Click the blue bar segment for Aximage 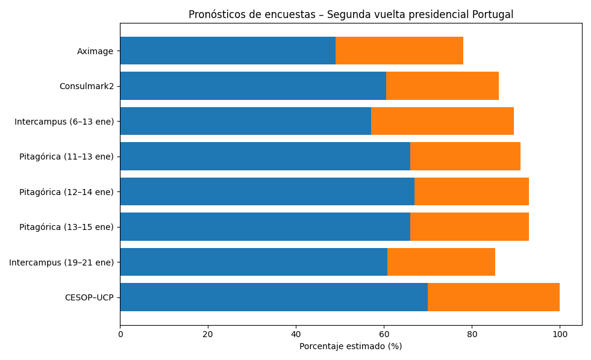[x=228, y=51]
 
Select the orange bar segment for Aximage [x=399, y=51]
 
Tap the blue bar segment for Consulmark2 [x=253, y=85]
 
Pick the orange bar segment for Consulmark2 [x=442, y=85]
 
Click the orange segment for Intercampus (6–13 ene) [x=442, y=121]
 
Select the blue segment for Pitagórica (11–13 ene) [x=265, y=156]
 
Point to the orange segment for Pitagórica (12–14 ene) [x=472, y=191]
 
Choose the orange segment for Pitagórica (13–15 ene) [x=469, y=226]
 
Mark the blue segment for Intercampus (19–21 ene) [x=254, y=262]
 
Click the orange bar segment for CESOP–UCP [x=493, y=297]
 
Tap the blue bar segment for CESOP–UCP [x=274, y=297]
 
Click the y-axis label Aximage [x=95, y=51]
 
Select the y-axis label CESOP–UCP [x=89, y=297]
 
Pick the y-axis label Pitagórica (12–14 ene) [x=66, y=192]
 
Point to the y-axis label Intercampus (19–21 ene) [x=61, y=262]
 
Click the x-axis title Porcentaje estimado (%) [x=351, y=346]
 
